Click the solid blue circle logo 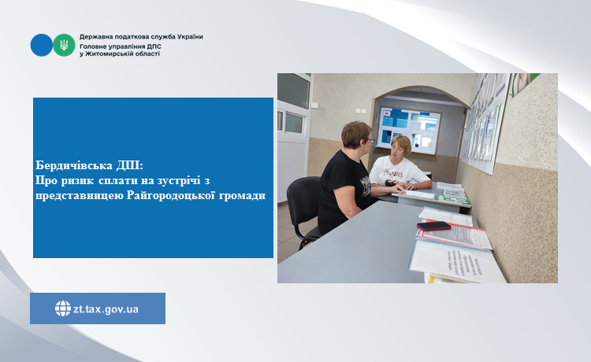pyautogui.click(x=42, y=45)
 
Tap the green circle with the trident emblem pyautogui.click(x=64, y=45)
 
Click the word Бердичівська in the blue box pyautogui.click(x=74, y=165)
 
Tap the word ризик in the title pyautogui.click(x=77, y=181)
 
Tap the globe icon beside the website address pyautogui.click(x=62, y=308)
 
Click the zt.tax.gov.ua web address pyautogui.click(x=106, y=309)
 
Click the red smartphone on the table pyautogui.click(x=434, y=226)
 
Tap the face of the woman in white pyautogui.click(x=398, y=150)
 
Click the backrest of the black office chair pyautogui.click(x=303, y=199)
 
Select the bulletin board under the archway pyautogui.click(x=409, y=130)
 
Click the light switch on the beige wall pyautogui.click(x=361, y=111)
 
